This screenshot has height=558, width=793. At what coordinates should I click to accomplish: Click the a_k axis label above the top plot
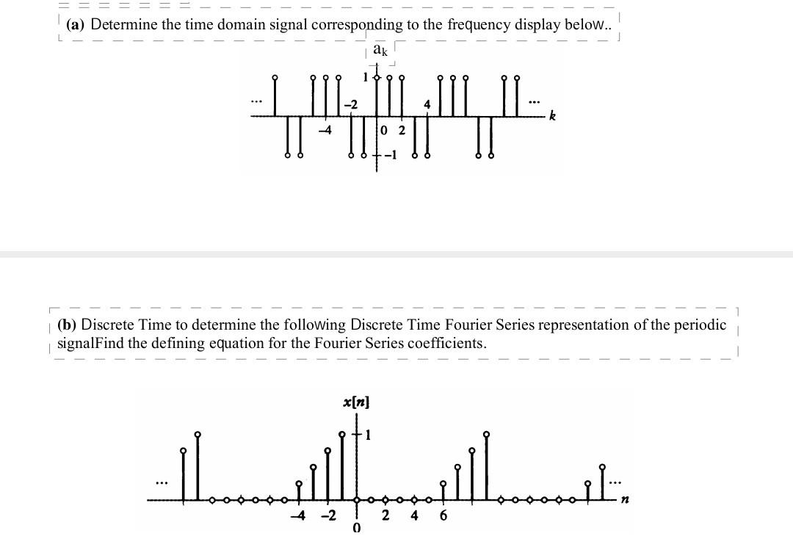click(x=380, y=50)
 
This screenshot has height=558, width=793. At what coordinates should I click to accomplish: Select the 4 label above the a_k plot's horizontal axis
click(x=426, y=104)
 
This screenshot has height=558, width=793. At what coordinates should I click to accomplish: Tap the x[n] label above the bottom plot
click(x=356, y=402)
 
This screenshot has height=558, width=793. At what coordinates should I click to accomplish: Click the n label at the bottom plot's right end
click(x=625, y=500)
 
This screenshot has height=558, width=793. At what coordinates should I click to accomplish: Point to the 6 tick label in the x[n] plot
click(x=443, y=515)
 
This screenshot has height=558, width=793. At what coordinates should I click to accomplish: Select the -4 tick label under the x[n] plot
click(x=298, y=515)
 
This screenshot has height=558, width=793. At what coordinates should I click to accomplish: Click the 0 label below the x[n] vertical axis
click(x=357, y=529)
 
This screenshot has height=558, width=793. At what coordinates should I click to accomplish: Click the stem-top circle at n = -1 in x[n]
click(x=342, y=435)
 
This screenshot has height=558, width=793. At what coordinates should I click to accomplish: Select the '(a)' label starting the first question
click(x=76, y=24)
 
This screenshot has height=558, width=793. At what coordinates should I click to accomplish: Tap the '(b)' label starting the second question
click(x=66, y=325)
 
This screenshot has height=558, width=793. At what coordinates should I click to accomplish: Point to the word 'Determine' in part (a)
click(x=124, y=24)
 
